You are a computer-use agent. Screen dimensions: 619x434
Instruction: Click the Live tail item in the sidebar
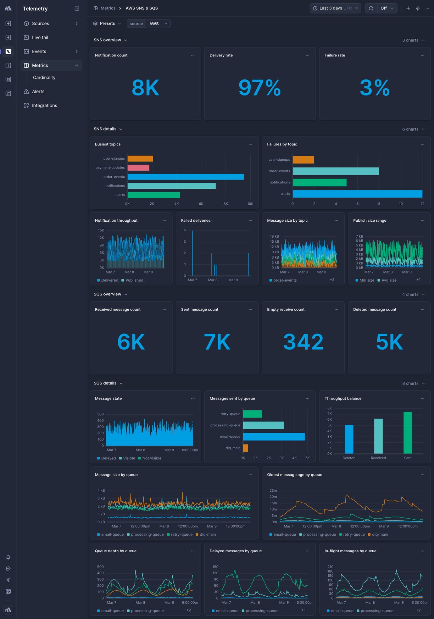pyautogui.click(x=40, y=38)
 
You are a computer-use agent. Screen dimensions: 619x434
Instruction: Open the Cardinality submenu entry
pyautogui.click(x=44, y=78)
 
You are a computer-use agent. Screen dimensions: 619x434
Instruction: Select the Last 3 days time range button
pyautogui.click(x=335, y=8)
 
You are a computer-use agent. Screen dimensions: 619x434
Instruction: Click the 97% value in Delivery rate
pyautogui.click(x=260, y=88)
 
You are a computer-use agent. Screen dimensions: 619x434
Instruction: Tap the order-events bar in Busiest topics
pyautogui.click(x=185, y=177)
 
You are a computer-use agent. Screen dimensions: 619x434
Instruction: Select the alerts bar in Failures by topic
pyautogui.click(x=357, y=194)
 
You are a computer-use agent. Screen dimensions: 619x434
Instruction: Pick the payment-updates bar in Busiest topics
pyautogui.click(x=138, y=168)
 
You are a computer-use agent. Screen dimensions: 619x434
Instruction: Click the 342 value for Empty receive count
pyautogui.click(x=303, y=342)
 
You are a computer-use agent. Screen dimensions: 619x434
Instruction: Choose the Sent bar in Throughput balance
pyautogui.click(x=408, y=433)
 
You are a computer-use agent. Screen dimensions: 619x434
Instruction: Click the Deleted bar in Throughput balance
pyautogui.click(x=349, y=439)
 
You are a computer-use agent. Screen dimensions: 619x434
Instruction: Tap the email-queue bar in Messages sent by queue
pyautogui.click(x=273, y=437)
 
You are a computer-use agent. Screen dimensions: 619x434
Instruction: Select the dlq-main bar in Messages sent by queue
pyautogui.click(x=245, y=448)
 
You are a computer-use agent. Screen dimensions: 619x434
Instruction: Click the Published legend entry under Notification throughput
pyautogui.click(x=134, y=280)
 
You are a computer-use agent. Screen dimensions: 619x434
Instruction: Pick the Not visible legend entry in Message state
pyautogui.click(x=151, y=458)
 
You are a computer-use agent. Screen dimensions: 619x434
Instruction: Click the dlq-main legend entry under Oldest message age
pyautogui.click(x=380, y=535)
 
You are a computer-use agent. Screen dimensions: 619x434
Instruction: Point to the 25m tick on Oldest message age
pyautogui.click(x=273, y=491)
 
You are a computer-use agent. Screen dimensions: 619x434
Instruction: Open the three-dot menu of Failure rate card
pyautogui.click(x=422, y=55)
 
